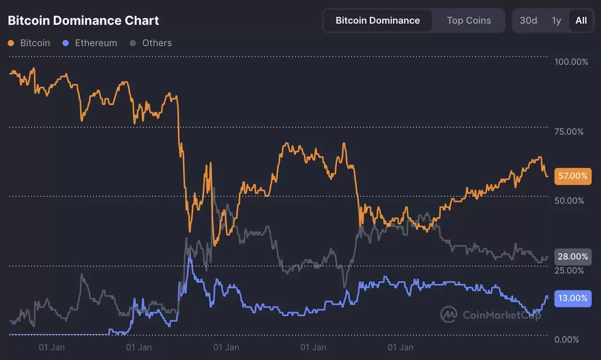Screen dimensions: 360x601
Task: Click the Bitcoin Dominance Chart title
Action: pos(84,21)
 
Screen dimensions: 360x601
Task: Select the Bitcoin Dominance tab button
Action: pos(378,21)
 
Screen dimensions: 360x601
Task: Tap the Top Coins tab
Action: pos(469,21)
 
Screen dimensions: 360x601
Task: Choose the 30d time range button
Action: pos(528,21)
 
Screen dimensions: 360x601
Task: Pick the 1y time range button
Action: pos(556,21)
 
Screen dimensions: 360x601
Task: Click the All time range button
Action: pos(581,21)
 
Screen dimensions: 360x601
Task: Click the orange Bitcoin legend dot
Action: pos(11,43)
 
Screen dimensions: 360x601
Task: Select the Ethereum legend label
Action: pos(96,43)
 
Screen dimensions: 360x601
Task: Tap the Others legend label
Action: pos(157,43)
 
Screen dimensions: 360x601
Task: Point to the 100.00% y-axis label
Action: pos(571,62)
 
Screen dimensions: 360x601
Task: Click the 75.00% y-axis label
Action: pos(569,131)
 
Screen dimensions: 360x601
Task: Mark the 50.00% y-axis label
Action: pos(569,201)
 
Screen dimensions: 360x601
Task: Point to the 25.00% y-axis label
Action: pos(569,270)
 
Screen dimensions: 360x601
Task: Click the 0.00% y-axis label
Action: pos(567,339)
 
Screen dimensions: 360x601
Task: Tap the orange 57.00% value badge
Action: pos(573,176)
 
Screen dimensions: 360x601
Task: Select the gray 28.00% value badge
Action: pos(573,257)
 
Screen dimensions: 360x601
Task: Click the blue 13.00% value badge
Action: pos(573,298)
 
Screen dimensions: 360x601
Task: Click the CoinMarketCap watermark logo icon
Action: pos(449,314)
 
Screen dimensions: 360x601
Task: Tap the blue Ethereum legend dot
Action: pos(66,43)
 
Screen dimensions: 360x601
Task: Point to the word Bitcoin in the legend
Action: pos(35,43)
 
